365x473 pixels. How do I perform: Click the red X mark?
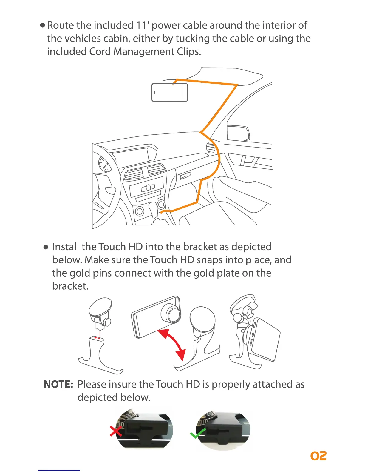click(x=116, y=431)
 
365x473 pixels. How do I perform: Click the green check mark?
click(x=198, y=433)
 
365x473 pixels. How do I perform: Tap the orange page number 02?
click(x=318, y=456)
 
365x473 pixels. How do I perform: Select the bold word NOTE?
click(x=58, y=384)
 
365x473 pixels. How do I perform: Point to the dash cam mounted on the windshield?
click(x=170, y=92)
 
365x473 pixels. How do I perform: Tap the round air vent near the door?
click(x=211, y=147)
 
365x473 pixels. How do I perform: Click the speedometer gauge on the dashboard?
click(x=105, y=164)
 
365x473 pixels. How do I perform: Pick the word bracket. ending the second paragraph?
click(x=70, y=286)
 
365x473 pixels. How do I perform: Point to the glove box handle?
click(x=185, y=176)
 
